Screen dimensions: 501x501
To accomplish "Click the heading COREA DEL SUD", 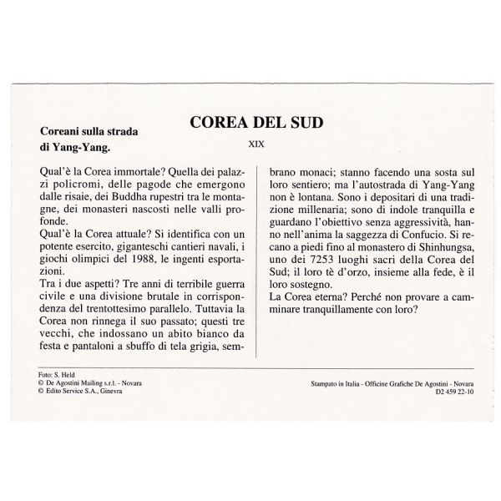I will tap(256, 124).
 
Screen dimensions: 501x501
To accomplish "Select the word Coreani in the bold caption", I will tap(63, 131).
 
